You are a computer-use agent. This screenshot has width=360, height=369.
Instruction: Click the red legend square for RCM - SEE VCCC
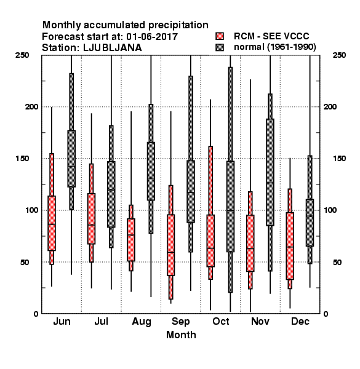point(220,36)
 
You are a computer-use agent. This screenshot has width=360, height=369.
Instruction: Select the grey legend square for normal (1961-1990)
point(220,47)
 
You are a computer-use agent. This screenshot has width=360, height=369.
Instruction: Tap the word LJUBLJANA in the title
point(113,48)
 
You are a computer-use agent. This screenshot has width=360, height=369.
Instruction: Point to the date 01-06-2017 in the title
point(152,37)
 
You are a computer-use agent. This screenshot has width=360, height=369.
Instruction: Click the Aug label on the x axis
point(142,322)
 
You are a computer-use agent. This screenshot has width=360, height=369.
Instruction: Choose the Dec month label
point(300,321)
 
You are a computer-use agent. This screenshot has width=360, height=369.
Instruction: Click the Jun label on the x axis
point(62,321)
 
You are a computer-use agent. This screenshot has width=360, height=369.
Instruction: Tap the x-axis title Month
point(181,335)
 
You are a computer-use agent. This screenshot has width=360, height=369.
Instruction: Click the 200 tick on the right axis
point(330,106)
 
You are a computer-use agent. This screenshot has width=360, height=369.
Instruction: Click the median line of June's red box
point(52,224)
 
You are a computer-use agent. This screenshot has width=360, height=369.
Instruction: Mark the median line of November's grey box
point(270,183)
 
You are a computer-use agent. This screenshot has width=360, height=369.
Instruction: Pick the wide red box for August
point(131,240)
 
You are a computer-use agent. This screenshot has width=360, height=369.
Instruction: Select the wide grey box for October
point(230,207)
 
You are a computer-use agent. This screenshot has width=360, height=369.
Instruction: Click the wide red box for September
point(170,245)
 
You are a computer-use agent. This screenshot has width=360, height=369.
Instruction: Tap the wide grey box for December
point(310,223)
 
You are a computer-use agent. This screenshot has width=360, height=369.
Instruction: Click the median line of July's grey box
point(111,190)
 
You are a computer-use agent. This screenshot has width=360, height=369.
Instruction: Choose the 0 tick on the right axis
point(326,314)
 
